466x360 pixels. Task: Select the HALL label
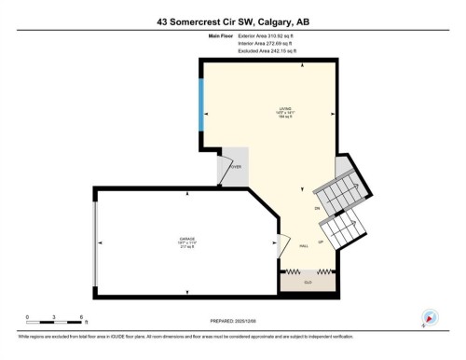click(x=305, y=245)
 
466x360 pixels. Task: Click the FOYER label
click(x=236, y=167)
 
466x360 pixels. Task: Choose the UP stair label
click(x=322, y=240)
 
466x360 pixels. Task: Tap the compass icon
click(x=430, y=317)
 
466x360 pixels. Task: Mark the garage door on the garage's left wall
click(x=95, y=242)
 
